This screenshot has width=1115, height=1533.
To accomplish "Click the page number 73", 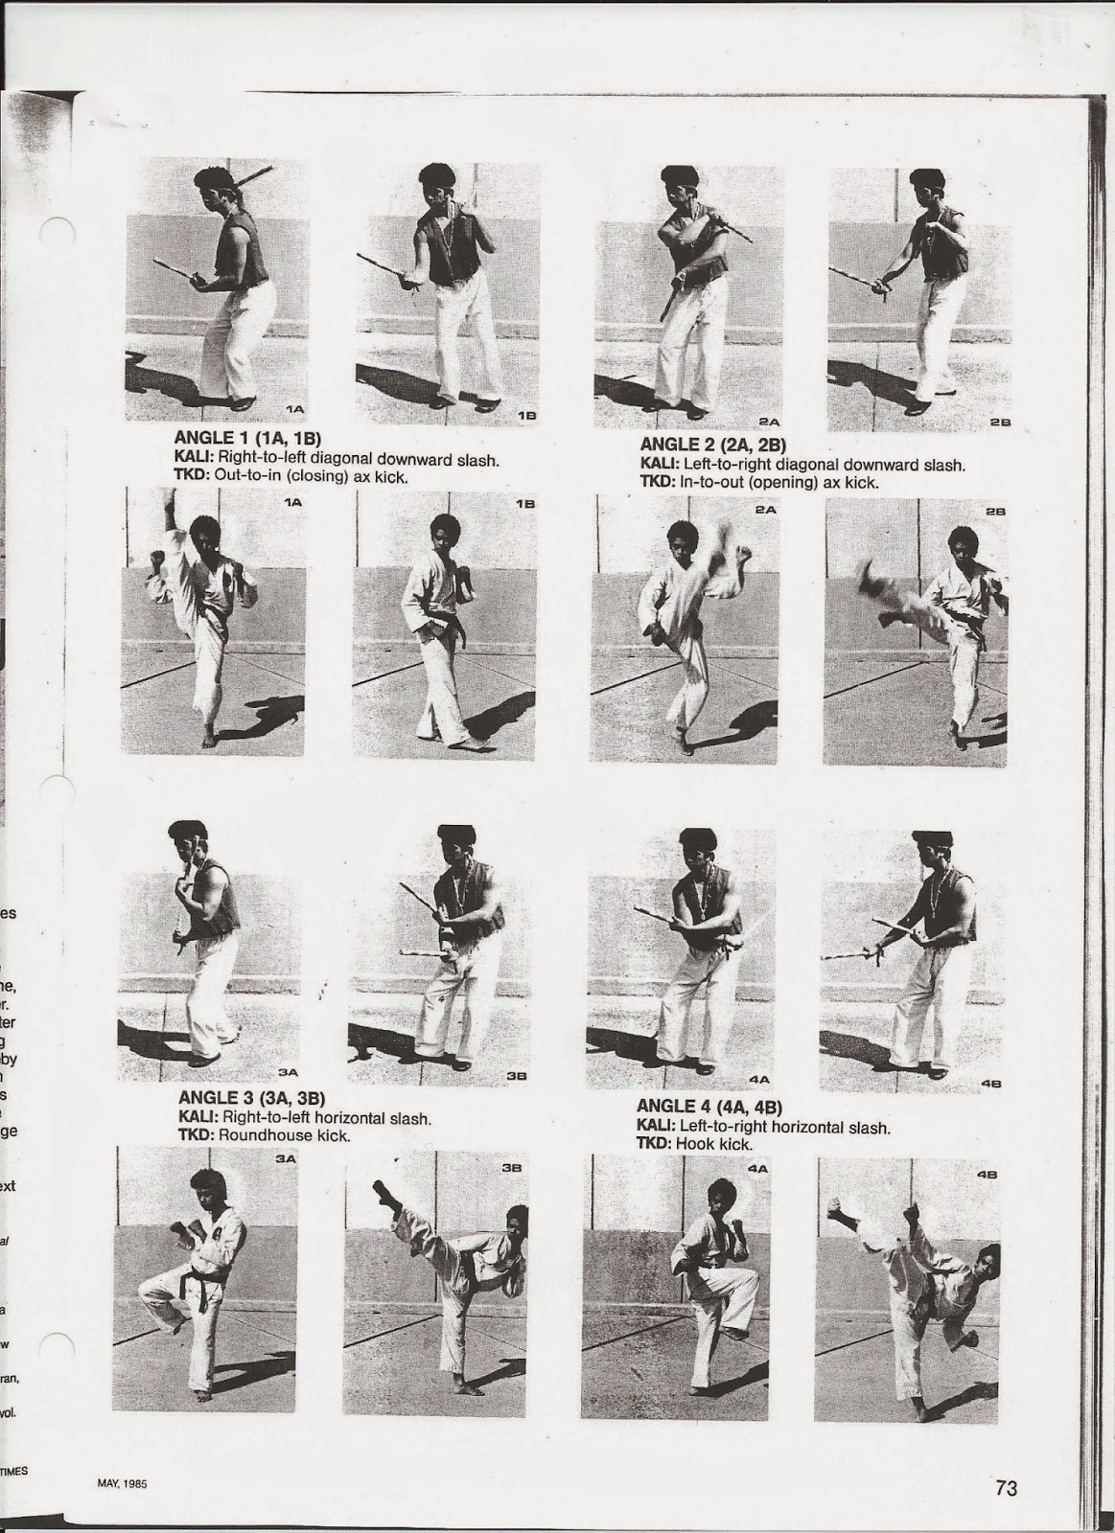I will (1005, 1487).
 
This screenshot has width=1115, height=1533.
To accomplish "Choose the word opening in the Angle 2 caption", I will (789, 482).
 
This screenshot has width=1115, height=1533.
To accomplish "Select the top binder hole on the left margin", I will (58, 234).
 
